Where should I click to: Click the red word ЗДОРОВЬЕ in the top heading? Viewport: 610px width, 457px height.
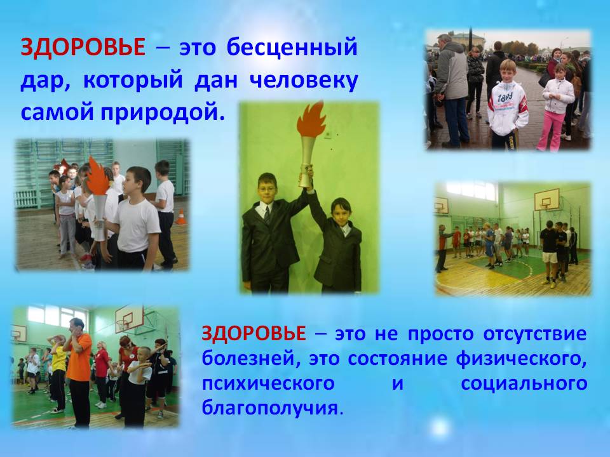point(83,48)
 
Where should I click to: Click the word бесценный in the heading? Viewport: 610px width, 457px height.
point(292,48)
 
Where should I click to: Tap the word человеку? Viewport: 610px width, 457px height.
point(303,80)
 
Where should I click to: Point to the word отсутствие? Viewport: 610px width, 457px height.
point(535,334)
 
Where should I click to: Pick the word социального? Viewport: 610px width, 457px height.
point(524,384)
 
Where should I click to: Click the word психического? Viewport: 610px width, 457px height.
point(268,384)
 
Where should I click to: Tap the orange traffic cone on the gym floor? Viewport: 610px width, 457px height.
point(180,217)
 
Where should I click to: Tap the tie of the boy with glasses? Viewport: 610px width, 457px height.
point(268,215)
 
